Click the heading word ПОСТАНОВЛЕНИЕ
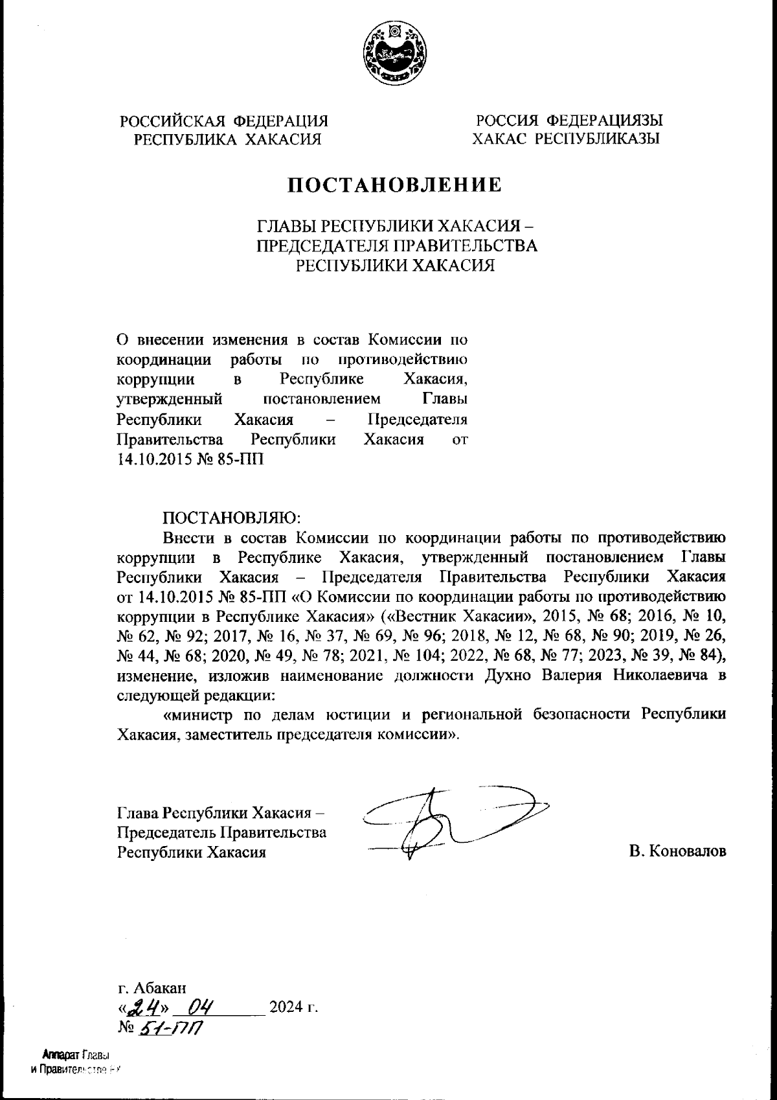[394, 185]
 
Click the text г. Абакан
[153, 988]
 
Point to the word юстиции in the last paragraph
[357, 715]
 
